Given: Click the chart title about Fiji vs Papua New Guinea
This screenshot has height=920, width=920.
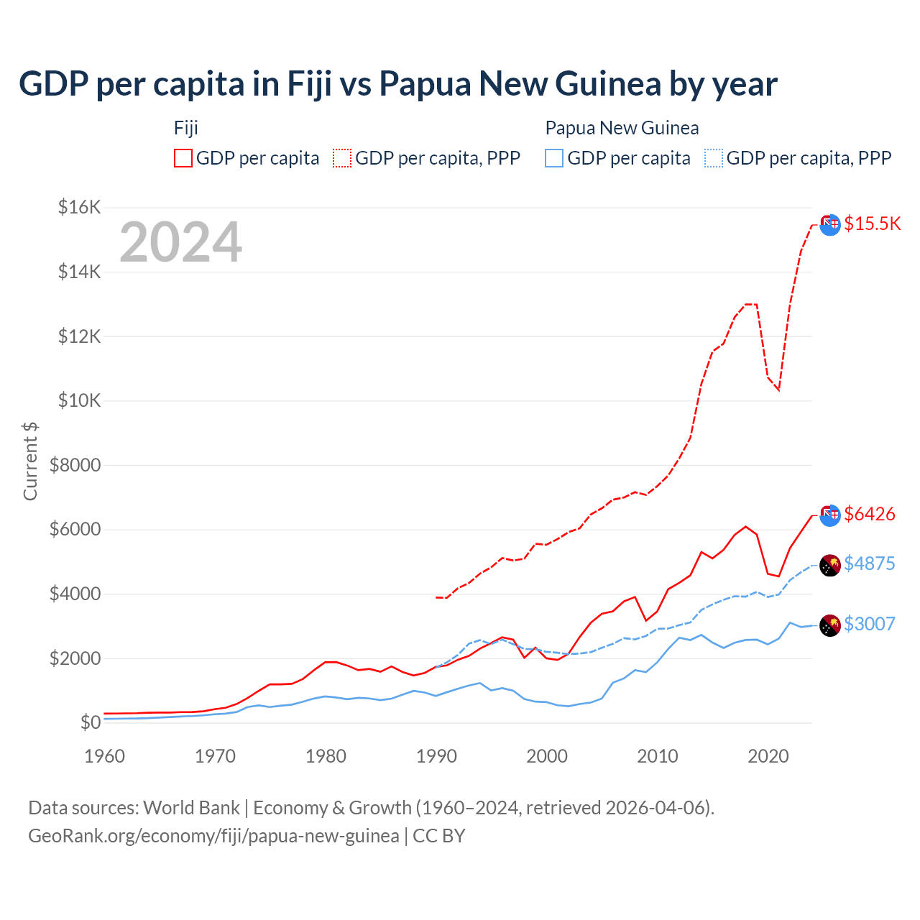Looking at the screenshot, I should click(397, 83).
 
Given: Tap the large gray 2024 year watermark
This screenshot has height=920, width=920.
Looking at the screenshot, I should click(181, 242).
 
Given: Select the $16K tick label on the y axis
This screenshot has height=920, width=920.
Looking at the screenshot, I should click(79, 208).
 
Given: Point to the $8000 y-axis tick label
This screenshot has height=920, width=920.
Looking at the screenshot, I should click(75, 465).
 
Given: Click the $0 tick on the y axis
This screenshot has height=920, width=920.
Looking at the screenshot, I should click(91, 722).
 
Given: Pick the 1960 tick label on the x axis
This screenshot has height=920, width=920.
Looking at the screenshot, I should click(105, 756).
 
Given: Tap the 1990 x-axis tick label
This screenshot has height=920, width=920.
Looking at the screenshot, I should click(437, 756).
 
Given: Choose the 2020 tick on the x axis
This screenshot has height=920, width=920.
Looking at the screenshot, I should click(768, 756).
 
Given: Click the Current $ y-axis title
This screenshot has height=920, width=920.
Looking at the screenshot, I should click(30, 461).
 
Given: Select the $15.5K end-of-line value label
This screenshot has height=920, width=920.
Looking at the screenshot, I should click(872, 224).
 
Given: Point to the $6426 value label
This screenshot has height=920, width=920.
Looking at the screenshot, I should click(870, 514).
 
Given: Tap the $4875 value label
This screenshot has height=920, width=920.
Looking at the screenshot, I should click(870, 563).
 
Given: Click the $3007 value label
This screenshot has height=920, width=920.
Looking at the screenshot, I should click(870, 624).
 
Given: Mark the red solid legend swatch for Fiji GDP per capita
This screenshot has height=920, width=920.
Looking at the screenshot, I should click(183, 158).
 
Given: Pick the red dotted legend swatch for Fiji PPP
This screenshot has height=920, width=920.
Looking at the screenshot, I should click(342, 158).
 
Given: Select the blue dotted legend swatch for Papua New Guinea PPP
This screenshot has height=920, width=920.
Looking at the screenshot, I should click(714, 158).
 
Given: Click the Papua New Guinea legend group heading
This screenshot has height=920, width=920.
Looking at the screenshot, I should click(622, 128).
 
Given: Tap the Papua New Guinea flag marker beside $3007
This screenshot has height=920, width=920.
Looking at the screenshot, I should click(830, 625).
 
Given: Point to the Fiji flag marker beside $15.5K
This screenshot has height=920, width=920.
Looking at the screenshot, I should click(830, 224).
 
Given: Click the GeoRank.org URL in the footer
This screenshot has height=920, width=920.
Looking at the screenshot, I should click(213, 836).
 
